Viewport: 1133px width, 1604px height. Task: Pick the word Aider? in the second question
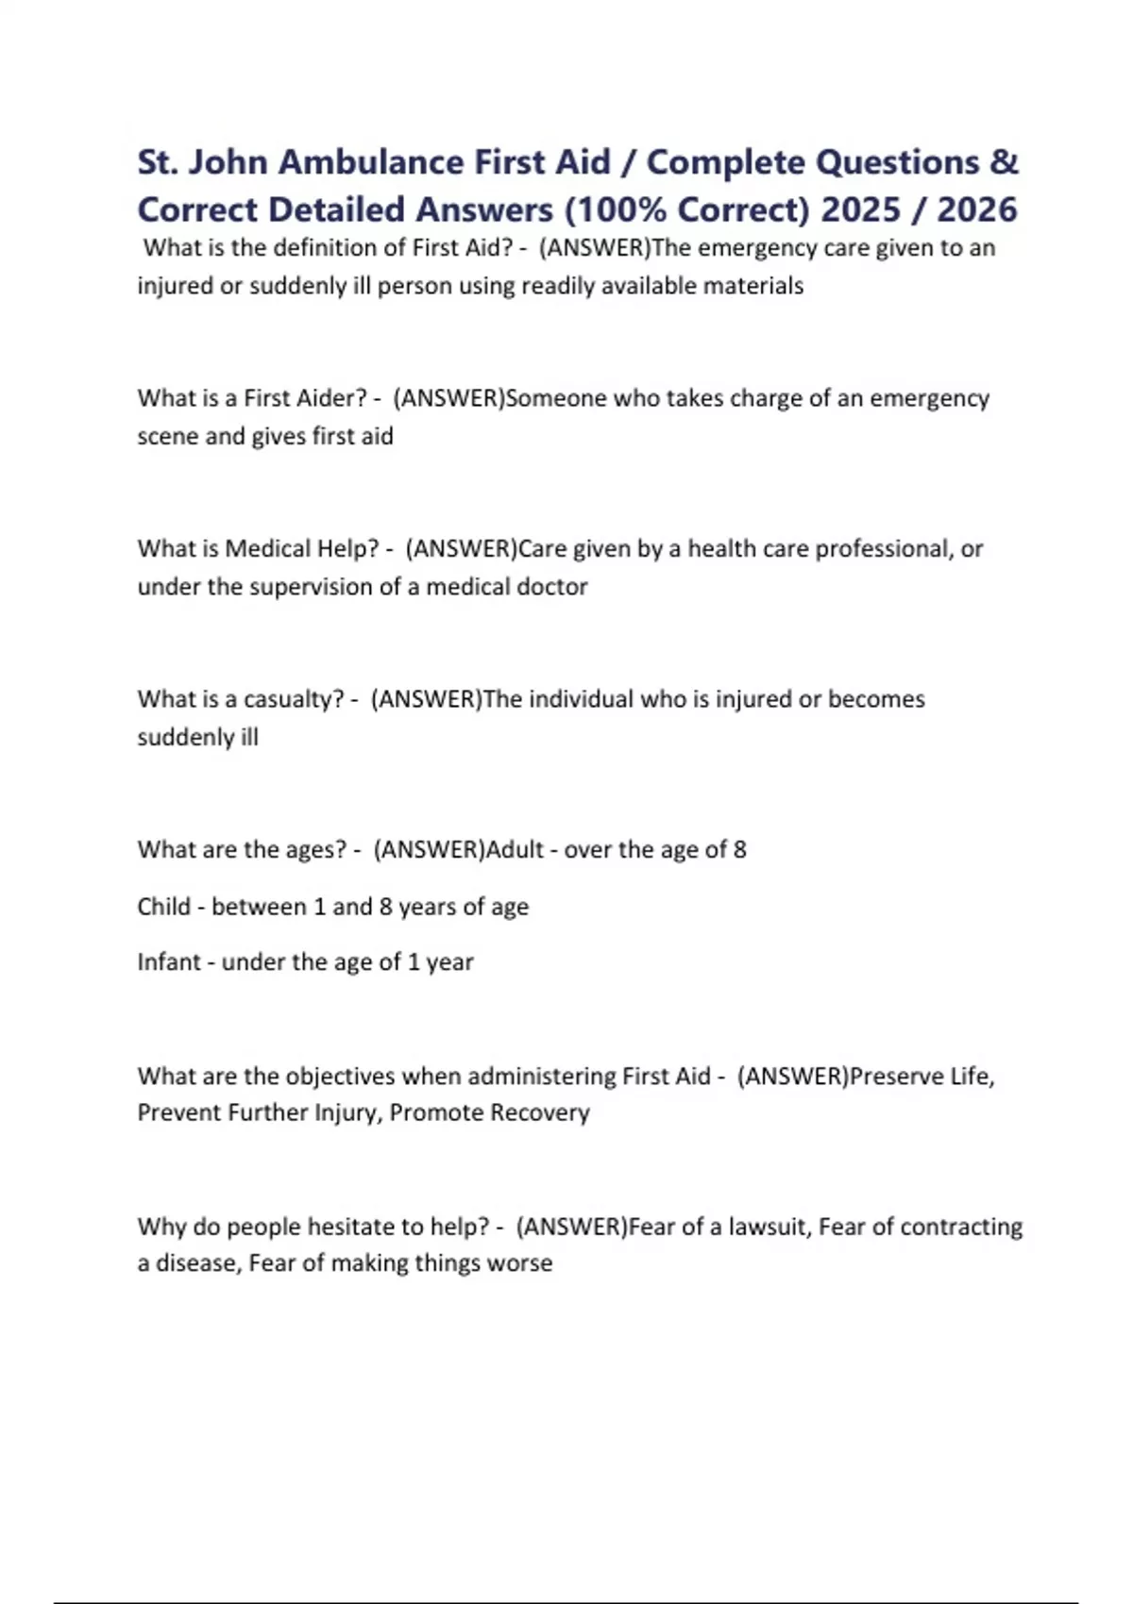coord(332,398)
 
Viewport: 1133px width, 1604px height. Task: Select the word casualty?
coord(294,699)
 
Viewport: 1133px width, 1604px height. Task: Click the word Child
coord(163,907)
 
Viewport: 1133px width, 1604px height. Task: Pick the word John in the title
coord(228,162)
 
